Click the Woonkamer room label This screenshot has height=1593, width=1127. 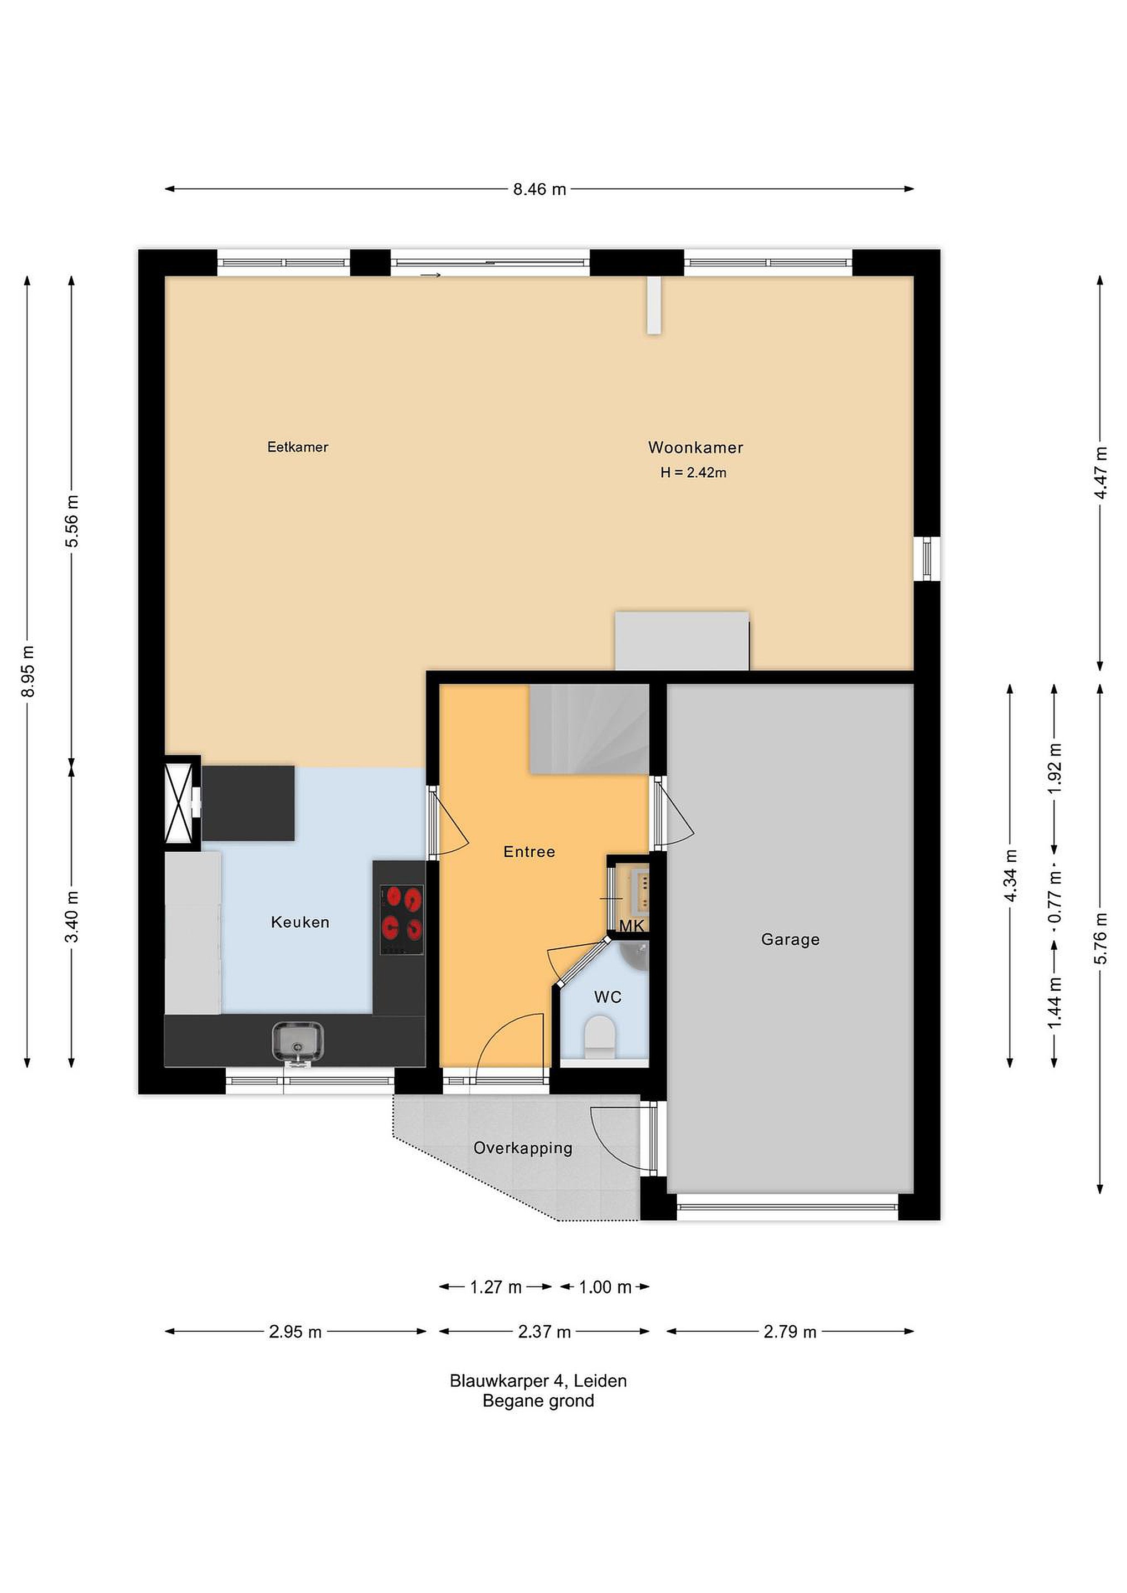[x=695, y=447]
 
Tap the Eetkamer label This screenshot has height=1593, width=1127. [x=298, y=447]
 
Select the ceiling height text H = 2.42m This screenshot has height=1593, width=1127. [x=693, y=472]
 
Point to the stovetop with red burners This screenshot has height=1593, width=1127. [x=402, y=920]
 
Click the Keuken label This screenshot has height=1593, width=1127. [x=300, y=922]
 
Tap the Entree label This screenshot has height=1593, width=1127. [x=529, y=851]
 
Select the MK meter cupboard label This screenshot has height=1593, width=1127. [x=631, y=925]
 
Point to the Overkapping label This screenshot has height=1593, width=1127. [x=522, y=1148]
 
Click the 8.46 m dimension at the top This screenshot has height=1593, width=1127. [x=539, y=189]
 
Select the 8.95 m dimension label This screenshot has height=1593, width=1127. [x=28, y=671]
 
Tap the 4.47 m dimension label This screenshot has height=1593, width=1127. [x=1100, y=472]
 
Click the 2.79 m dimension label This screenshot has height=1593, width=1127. [x=790, y=1331]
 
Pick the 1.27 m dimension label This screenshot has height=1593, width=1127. [x=496, y=1287]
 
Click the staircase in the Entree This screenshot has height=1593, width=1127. [x=589, y=728]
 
